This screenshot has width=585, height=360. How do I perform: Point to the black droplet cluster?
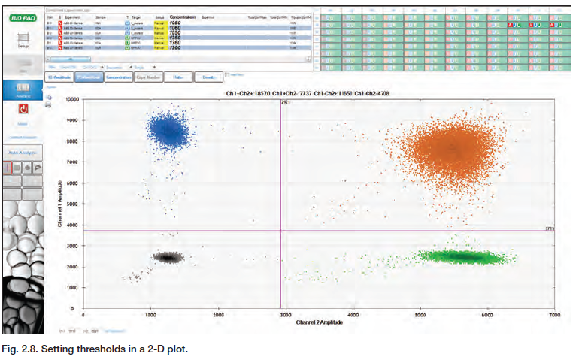(168, 256)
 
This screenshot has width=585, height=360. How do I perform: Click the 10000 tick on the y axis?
(71, 99)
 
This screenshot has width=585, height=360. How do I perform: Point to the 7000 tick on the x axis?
(554, 316)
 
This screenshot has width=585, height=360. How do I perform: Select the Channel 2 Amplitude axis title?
(320, 322)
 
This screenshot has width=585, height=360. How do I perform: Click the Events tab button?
(208, 77)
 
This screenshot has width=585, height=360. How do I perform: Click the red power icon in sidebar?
(22, 110)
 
